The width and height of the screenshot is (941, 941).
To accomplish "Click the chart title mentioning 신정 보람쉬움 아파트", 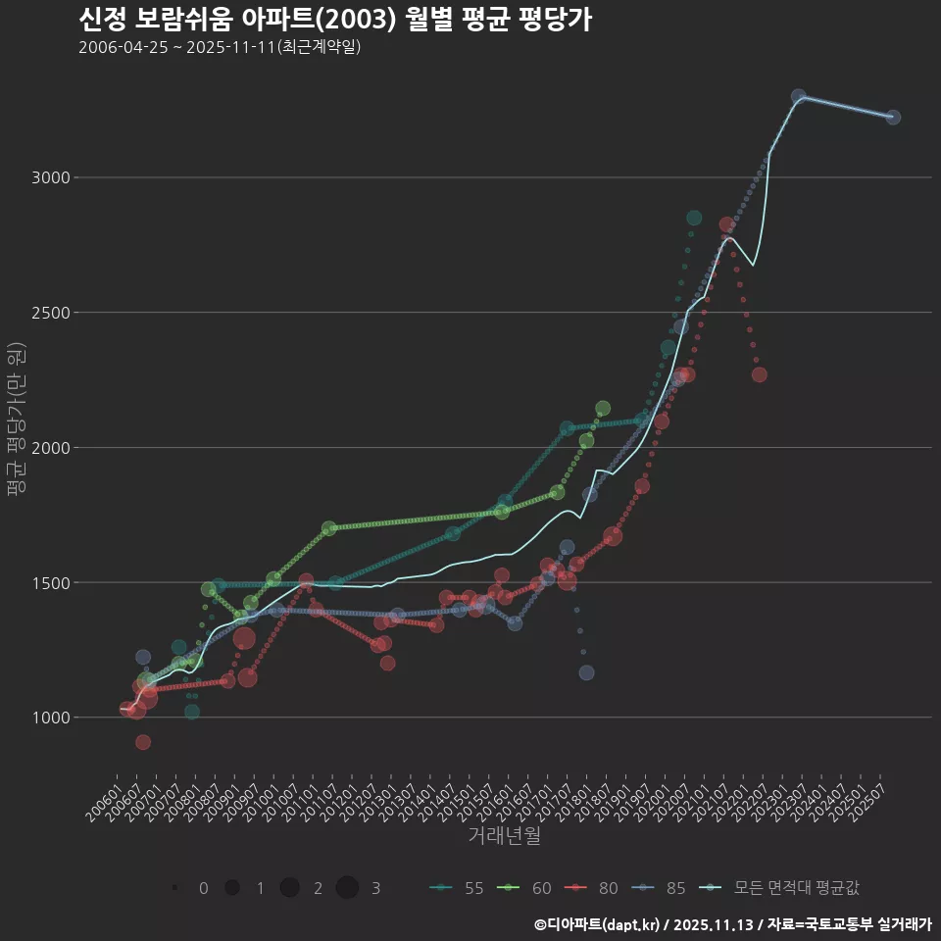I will pyautogui.click(x=334, y=20).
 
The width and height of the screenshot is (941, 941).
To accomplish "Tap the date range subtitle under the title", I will pyautogui.click(x=220, y=47).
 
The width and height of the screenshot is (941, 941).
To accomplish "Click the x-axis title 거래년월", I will pyautogui.click(x=504, y=835).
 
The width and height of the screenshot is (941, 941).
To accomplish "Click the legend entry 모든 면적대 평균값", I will pyautogui.click(x=784, y=888).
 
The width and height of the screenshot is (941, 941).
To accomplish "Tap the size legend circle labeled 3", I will pyautogui.click(x=347, y=888).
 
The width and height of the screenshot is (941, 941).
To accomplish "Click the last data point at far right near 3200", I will pyautogui.click(x=892, y=118).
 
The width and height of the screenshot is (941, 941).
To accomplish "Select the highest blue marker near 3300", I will pyautogui.click(x=799, y=97).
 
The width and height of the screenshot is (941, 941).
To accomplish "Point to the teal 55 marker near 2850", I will pyautogui.click(x=694, y=218).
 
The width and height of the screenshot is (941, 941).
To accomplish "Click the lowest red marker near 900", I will pyautogui.click(x=143, y=742).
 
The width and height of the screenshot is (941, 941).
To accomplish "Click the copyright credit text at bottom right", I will pyautogui.click(x=732, y=923).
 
